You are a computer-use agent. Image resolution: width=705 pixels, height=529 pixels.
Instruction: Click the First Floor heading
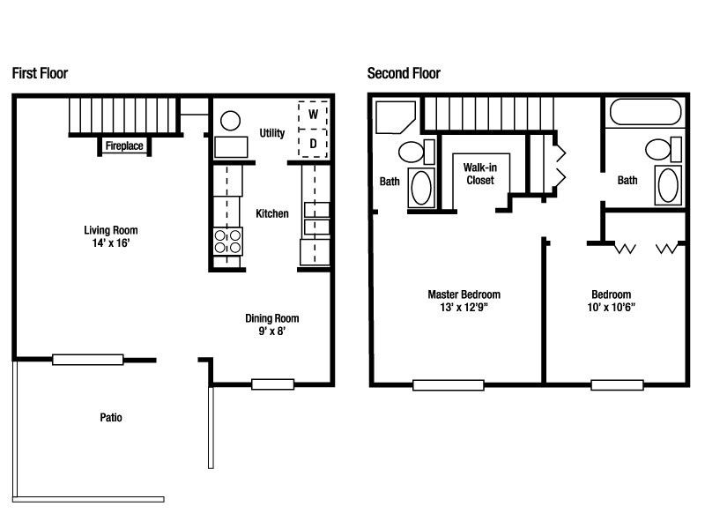(x=40, y=73)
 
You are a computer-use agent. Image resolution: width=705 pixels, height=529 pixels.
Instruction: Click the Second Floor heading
(x=404, y=73)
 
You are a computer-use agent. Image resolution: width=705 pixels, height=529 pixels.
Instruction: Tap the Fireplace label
(x=124, y=146)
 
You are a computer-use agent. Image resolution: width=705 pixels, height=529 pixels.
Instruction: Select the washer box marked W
(x=313, y=114)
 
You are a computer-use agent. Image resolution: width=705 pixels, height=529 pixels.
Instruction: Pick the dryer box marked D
(x=313, y=143)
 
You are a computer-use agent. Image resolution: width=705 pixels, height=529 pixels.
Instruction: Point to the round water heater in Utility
(x=231, y=120)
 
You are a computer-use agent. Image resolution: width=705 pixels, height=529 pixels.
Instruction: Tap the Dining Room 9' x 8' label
(x=272, y=325)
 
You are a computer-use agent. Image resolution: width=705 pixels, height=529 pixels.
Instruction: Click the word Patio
(x=110, y=417)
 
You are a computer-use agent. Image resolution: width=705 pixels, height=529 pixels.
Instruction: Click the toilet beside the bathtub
(x=659, y=150)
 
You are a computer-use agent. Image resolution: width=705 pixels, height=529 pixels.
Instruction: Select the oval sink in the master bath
(x=422, y=188)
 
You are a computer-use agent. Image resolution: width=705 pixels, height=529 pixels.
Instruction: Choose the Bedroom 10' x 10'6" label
(x=612, y=301)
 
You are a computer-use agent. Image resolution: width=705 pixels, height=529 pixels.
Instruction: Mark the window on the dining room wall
(x=272, y=384)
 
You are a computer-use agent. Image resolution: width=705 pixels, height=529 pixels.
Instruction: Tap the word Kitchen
(x=272, y=213)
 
